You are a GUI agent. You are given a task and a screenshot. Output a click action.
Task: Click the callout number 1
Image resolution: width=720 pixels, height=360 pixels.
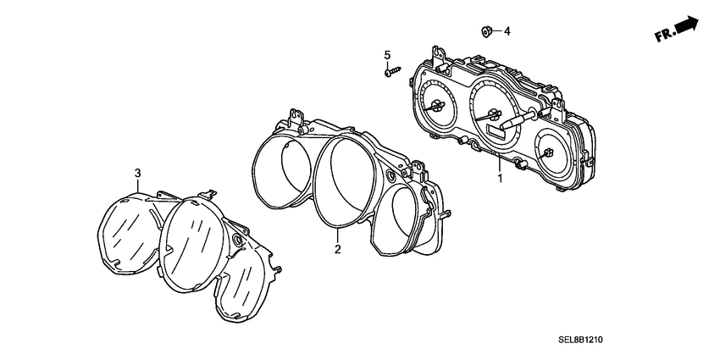(500, 179)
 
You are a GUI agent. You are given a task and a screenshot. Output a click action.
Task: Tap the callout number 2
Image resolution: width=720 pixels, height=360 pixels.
(337, 249)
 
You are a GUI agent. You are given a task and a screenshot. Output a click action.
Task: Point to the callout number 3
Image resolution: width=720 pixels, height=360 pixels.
(137, 174)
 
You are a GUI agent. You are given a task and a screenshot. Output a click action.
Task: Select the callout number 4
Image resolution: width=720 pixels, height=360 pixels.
(507, 32)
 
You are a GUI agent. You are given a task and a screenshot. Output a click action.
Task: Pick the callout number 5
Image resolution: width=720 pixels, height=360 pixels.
(388, 56)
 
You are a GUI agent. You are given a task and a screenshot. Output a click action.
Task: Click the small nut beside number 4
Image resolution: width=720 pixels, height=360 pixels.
(487, 32)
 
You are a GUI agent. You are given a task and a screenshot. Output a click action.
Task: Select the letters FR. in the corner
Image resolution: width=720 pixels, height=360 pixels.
(663, 36)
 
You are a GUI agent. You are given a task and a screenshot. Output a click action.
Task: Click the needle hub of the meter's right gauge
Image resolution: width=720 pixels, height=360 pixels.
(549, 152)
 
